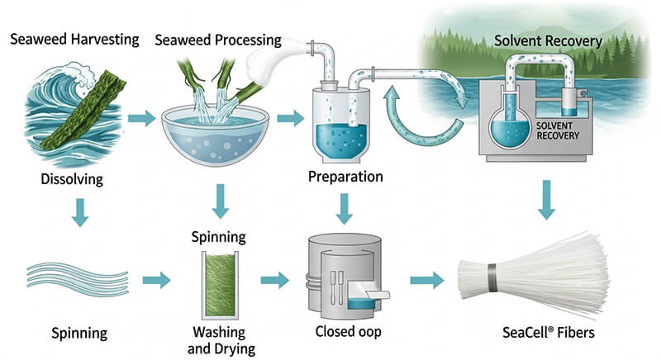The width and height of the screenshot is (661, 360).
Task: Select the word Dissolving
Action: (x=70, y=178)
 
